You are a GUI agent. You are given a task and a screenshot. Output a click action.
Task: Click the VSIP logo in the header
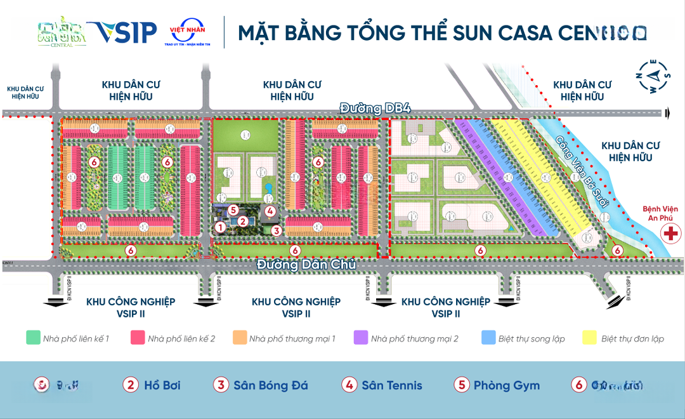(x=122, y=32)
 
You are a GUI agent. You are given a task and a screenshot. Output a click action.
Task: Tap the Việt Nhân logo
(x=186, y=32)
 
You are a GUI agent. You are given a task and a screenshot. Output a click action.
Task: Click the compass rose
(x=653, y=76)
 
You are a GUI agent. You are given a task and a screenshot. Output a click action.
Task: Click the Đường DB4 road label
(x=375, y=108)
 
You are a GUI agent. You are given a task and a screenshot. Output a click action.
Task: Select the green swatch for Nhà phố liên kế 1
(x=33, y=338)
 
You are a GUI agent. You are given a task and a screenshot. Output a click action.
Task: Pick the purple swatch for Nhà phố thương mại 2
(x=360, y=338)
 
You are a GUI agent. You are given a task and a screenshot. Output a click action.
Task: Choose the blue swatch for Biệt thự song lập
(x=488, y=338)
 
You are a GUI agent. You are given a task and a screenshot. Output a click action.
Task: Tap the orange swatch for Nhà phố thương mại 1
(x=239, y=338)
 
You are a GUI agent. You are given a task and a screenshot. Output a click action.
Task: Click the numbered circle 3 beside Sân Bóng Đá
(x=221, y=385)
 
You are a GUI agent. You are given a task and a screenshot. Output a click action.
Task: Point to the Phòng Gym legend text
(x=506, y=385)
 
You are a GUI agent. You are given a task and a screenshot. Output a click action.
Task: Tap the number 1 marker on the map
(x=220, y=227)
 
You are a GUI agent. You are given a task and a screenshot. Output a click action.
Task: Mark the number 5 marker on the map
(x=233, y=209)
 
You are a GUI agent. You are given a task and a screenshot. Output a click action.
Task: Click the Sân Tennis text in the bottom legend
(x=391, y=385)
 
